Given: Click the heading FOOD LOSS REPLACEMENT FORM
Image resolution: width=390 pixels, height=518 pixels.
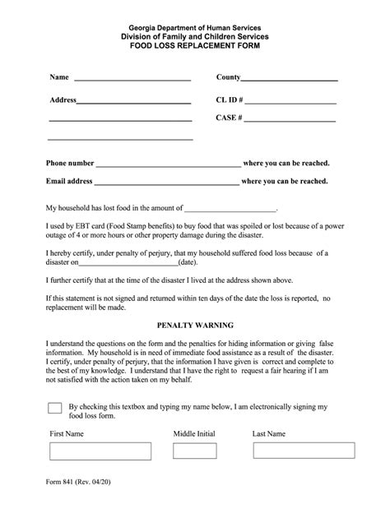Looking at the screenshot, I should (195, 49).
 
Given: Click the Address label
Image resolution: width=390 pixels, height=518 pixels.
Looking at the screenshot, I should (63, 99).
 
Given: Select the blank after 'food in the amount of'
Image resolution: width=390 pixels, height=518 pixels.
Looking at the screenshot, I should (230, 210).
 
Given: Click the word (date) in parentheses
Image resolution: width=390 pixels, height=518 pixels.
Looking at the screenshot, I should (188, 263).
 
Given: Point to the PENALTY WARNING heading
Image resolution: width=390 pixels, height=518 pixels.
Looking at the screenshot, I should (195, 325).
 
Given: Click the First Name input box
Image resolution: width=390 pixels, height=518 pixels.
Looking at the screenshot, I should (95, 451).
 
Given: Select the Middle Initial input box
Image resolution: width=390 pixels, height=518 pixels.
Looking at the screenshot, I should (195, 451).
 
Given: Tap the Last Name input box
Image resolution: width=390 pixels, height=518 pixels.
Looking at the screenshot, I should (297, 451).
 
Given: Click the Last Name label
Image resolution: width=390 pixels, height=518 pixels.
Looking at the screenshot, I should (269, 432).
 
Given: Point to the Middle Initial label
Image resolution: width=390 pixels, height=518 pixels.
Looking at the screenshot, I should (195, 432).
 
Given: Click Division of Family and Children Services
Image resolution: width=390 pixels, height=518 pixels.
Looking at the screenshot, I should (195, 38).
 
